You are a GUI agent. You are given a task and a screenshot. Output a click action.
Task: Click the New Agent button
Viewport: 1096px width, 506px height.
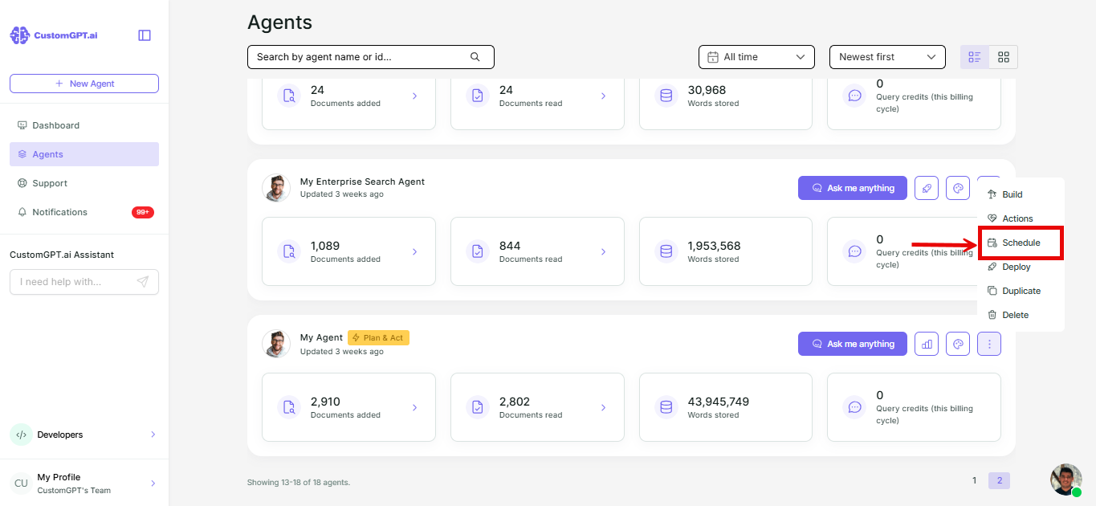tap(84, 84)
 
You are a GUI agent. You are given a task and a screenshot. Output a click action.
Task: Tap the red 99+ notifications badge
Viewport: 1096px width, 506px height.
tap(143, 212)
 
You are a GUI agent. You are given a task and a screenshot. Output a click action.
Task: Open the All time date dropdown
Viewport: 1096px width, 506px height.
tap(756, 57)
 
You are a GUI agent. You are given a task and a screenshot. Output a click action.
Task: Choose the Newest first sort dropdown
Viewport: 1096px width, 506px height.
tap(887, 57)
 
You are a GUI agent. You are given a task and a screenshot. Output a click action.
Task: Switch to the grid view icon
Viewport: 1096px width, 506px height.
tap(1004, 57)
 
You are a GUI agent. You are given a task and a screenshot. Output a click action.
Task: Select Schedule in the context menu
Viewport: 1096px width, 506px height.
tap(1021, 243)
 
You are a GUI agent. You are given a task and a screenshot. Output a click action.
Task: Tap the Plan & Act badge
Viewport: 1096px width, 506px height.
tap(378, 337)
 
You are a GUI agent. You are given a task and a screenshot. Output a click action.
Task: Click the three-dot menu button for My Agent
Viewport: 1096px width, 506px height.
tap(989, 344)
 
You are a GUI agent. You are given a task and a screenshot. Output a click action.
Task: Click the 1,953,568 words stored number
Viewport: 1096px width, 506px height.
tap(714, 246)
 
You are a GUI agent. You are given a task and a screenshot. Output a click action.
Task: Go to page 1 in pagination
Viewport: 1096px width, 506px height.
tap(974, 480)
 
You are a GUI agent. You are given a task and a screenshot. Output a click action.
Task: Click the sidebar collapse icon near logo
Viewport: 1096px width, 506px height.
tap(145, 35)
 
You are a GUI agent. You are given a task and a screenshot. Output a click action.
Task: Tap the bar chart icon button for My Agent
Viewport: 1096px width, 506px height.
tap(927, 344)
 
